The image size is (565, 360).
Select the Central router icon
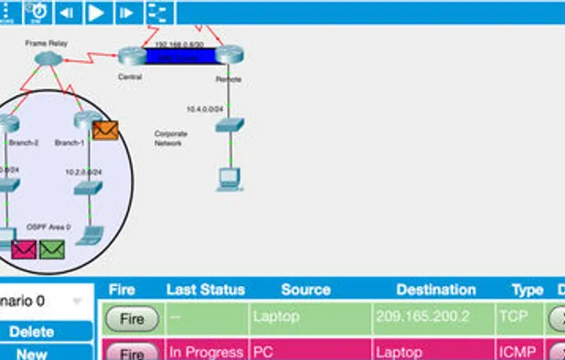[x=130, y=56]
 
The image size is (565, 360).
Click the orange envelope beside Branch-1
[x=105, y=131]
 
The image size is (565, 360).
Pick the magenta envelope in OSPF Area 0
[x=24, y=249]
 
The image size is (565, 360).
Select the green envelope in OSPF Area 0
[x=52, y=249]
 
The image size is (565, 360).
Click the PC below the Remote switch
[x=227, y=178]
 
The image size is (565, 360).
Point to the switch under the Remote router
[x=229, y=125]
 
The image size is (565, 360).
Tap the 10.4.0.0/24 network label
[x=204, y=109]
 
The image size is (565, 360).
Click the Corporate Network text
[x=170, y=138]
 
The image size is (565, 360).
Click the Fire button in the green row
[x=133, y=320]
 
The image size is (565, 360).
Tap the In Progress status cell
[x=206, y=352]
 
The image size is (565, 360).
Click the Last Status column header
[x=206, y=290]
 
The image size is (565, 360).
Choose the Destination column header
[x=436, y=290]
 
